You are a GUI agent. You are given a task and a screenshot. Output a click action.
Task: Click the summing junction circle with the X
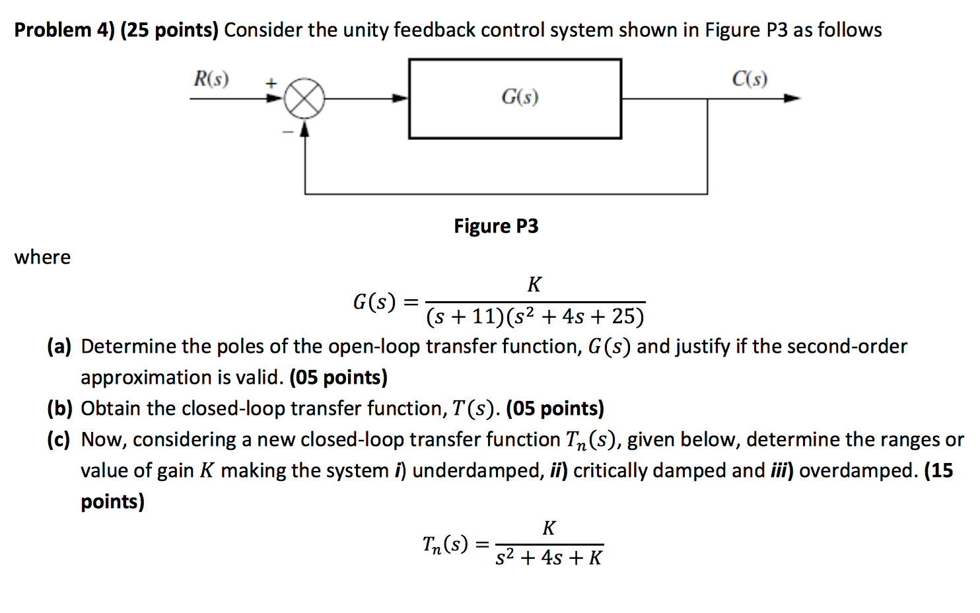pyautogui.click(x=304, y=99)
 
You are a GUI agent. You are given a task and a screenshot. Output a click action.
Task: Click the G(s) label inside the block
pyautogui.click(x=520, y=97)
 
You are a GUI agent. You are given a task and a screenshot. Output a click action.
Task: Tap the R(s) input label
pyautogui.click(x=211, y=79)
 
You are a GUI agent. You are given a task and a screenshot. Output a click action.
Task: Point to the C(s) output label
pyautogui.click(x=750, y=79)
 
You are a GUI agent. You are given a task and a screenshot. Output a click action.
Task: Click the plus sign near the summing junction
pyautogui.click(x=270, y=83)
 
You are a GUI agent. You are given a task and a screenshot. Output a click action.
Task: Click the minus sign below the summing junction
pyautogui.click(x=287, y=132)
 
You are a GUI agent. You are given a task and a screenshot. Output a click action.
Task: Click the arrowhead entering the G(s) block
pyautogui.click(x=400, y=98)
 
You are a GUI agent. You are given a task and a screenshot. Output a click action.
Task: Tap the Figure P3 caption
pyautogui.click(x=496, y=227)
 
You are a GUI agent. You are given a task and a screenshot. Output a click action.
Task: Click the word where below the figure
pyautogui.click(x=42, y=257)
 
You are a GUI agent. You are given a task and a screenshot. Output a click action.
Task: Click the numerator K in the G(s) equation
pyautogui.click(x=534, y=285)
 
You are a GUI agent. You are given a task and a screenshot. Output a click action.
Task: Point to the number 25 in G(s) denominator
pyautogui.click(x=623, y=316)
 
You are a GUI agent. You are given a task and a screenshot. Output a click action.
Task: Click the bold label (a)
pyautogui.click(x=59, y=346)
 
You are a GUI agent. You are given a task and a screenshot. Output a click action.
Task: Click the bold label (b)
pyautogui.click(x=59, y=408)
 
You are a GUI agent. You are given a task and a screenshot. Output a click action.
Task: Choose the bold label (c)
pyautogui.click(x=58, y=439)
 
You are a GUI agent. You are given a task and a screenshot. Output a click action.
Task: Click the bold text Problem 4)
pyautogui.click(x=64, y=30)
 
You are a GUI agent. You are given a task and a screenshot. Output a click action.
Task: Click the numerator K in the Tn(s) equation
pyautogui.click(x=549, y=528)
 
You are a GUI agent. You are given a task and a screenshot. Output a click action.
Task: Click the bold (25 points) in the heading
pyautogui.click(x=169, y=30)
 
